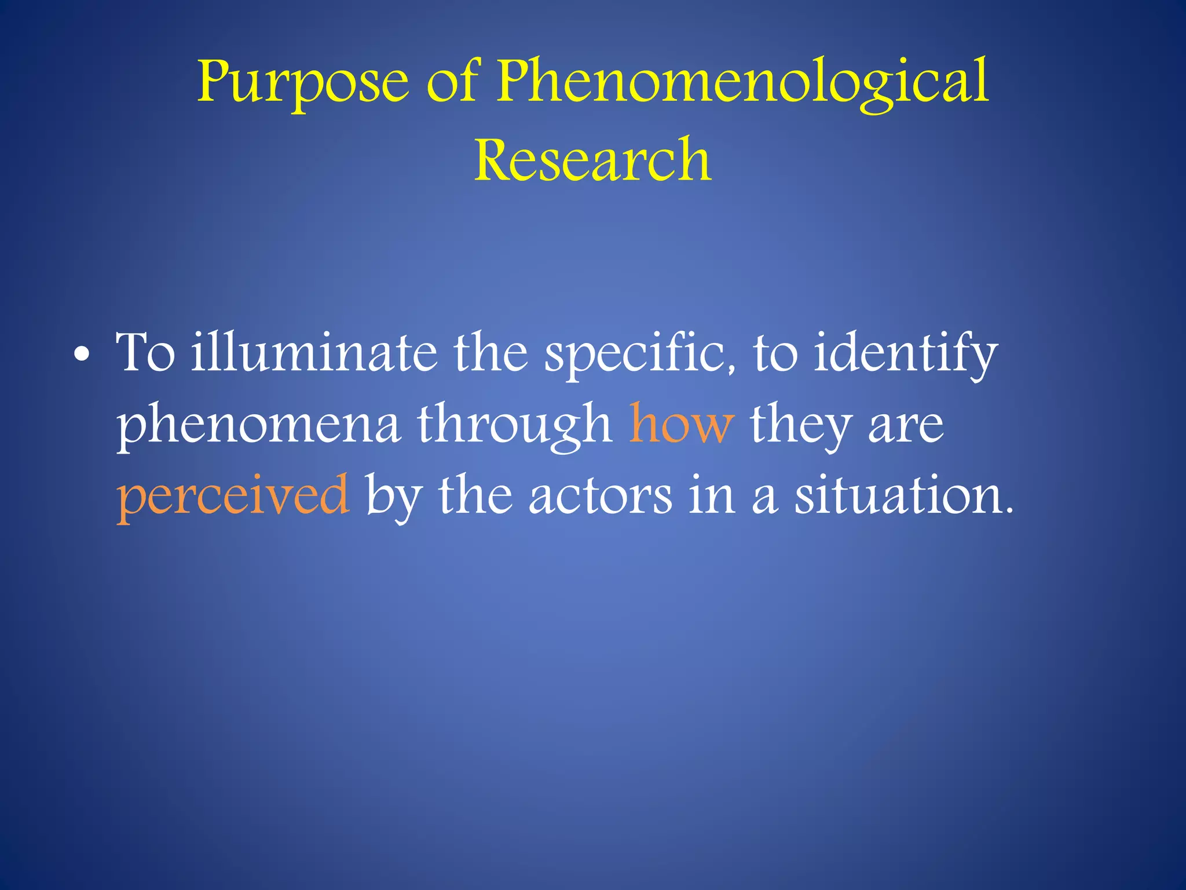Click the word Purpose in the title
(302, 82)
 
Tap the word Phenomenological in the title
(743, 82)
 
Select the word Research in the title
(593, 159)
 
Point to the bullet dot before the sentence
(83, 356)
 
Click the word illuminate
(314, 353)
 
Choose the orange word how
(682, 425)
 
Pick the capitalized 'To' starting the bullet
(145, 353)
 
